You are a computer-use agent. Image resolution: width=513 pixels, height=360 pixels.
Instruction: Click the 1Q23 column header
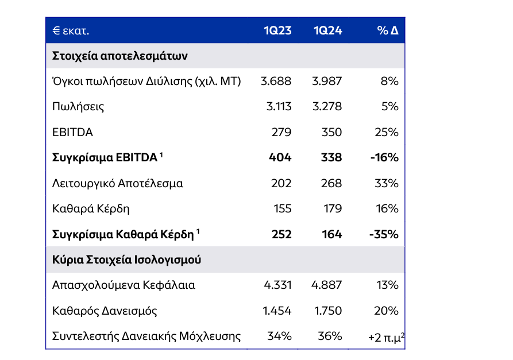point(277,30)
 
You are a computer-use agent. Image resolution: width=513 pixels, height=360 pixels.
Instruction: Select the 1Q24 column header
point(328,30)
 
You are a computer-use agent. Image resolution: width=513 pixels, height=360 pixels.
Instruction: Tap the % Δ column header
point(388,30)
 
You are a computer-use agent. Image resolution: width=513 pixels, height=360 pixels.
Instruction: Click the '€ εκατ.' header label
point(71,30)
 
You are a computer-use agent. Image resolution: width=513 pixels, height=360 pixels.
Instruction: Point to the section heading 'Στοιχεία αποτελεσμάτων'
point(120,56)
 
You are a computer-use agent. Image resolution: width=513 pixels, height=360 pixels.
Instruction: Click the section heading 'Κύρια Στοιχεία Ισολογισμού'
point(127,260)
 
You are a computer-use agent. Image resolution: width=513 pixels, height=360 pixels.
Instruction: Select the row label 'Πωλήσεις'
point(78,107)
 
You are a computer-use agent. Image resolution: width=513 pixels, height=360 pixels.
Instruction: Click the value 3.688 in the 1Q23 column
point(276,82)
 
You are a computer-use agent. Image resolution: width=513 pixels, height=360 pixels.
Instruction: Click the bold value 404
point(280,158)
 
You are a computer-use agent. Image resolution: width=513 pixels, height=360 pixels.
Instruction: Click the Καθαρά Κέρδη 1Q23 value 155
point(281,209)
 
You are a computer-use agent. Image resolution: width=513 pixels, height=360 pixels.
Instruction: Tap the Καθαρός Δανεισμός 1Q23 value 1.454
point(277,311)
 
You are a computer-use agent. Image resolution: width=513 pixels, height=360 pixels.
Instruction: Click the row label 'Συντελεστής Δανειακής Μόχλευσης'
point(146,336)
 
